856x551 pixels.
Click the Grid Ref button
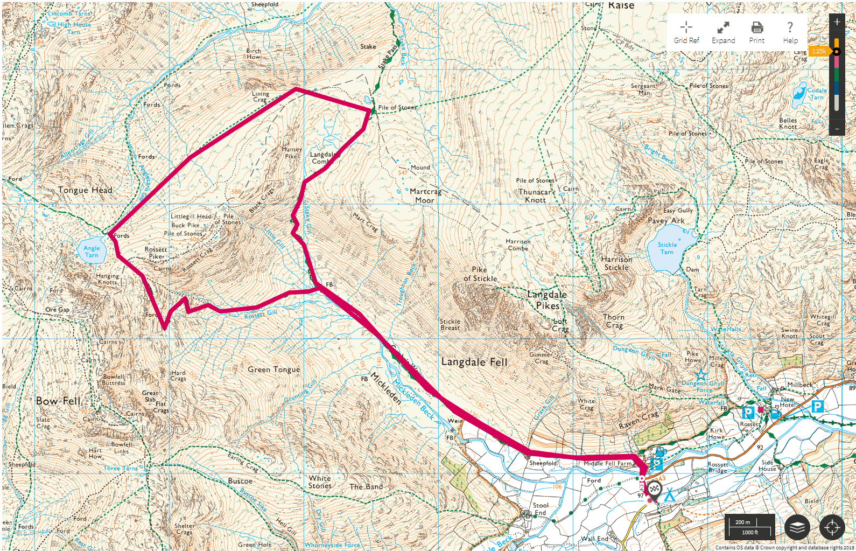click(x=686, y=32)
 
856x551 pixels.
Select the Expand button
click(x=723, y=32)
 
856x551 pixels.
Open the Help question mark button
click(x=790, y=32)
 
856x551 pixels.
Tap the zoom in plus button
click(x=837, y=22)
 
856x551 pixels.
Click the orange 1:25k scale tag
click(x=819, y=51)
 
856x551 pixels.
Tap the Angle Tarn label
click(x=92, y=252)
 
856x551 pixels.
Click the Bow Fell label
click(x=58, y=401)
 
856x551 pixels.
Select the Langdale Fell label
click(x=474, y=362)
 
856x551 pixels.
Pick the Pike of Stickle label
click(x=480, y=274)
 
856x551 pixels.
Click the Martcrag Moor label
click(x=425, y=196)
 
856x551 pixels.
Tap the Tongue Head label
click(x=85, y=190)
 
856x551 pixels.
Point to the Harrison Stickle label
click(x=616, y=263)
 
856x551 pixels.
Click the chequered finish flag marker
click(x=654, y=489)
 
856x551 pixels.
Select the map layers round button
click(x=797, y=527)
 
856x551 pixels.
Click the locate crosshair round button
click(x=832, y=527)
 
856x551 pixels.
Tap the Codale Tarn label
click(x=817, y=94)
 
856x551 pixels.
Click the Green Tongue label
click(x=274, y=369)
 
